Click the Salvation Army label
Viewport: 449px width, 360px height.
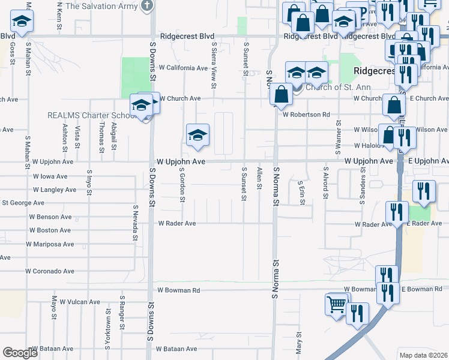pyautogui.click(x=101, y=6)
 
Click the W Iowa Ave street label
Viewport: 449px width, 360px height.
pyautogui.click(x=50, y=176)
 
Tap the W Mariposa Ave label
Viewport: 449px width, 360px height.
pyautogui.click(x=50, y=244)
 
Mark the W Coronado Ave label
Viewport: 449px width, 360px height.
pyautogui.click(x=50, y=271)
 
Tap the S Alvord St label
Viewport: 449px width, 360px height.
pyautogui.click(x=325, y=186)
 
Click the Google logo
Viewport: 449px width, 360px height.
pyautogui.click(x=20, y=353)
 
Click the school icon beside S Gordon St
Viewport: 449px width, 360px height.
pyautogui.click(x=197, y=135)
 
